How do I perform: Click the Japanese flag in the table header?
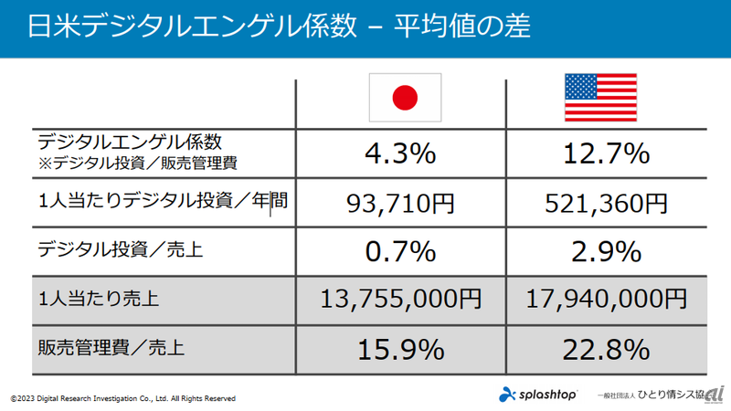pyautogui.click(x=404, y=98)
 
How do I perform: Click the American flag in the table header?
pyautogui.click(x=600, y=98)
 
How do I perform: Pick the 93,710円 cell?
pyautogui.click(x=400, y=203)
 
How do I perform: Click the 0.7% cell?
pyautogui.click(x=400, y=250)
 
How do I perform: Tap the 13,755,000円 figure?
pyautogui.click(x=400, y=299)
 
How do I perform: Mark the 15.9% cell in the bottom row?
pyautogui.click(x=400, y=348)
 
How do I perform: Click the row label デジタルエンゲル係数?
pyautogui.click(x=130, y=142)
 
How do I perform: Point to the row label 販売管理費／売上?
pyautogui.click(x=111, y=348)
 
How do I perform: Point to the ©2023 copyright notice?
pyautogui.click(x=123, y=399)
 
